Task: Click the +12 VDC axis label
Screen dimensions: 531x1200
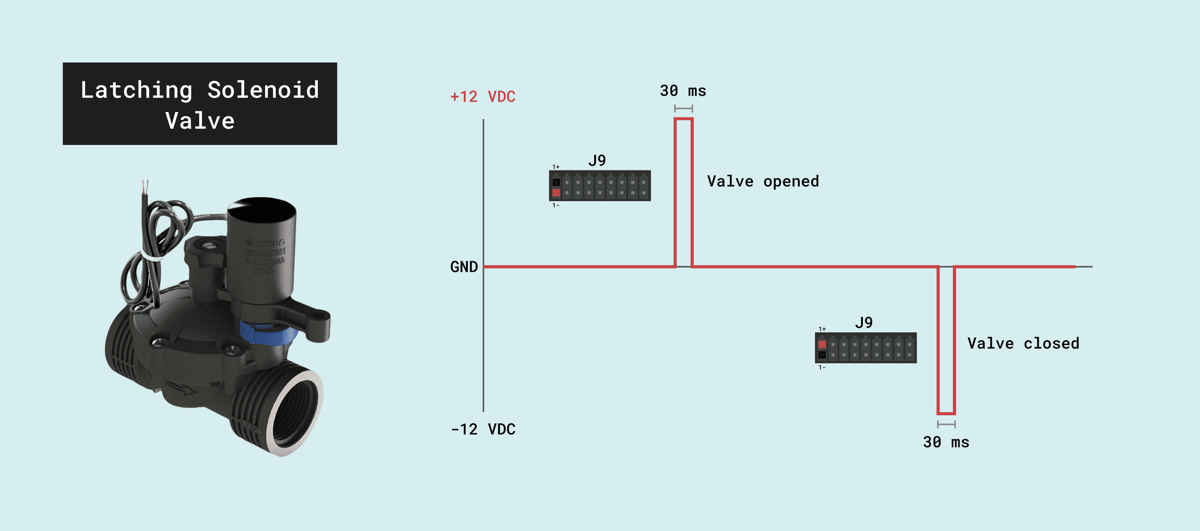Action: (x=482, y=97)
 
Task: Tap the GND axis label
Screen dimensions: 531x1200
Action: (x=464, y=267)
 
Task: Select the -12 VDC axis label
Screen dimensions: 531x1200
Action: (x=483, y=429)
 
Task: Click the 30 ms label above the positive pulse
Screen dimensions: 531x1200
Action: (x=683, y=91)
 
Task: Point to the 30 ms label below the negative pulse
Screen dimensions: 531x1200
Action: (x=946, y=442)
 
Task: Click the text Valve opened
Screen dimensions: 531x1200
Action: (x=763, y=181)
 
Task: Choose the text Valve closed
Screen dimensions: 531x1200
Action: (x=1023, y=343)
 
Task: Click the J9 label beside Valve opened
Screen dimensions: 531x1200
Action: (x=597, y=160)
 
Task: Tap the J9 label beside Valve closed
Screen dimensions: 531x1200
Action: (x=864, y=322)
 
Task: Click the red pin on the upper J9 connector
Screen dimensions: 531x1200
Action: (x=556, y=192)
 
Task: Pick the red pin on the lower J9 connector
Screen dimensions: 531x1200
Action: (x=822, y=344)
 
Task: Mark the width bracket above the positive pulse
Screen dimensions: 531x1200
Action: (x=683, y=109)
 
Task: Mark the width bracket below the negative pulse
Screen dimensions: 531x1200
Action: (x=946, y=424)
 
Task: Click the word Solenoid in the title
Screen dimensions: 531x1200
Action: (x=263, y=90)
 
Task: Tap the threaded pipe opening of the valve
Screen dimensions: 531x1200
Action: (x=293, y=410)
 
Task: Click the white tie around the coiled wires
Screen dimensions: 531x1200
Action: (x=152, y=256)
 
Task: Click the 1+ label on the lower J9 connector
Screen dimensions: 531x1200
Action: (x=822, y=329)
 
